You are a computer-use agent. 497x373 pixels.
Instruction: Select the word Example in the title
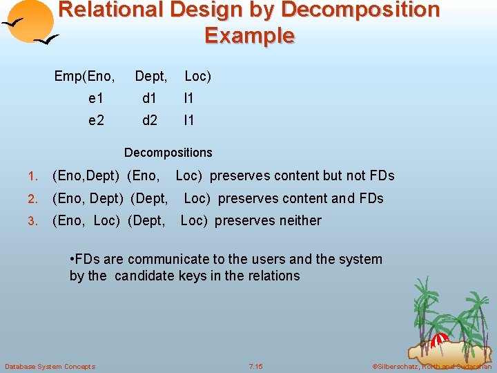[x=249, y=35]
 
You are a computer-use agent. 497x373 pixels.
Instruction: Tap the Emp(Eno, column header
[x=85, y=76]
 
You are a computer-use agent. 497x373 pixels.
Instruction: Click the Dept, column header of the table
[x=151, y=76]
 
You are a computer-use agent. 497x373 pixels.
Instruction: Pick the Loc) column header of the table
[x=197, y=76]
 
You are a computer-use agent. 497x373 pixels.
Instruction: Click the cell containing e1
[x=96, y=99]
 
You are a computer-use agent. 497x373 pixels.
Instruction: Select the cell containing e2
[x=96, y=120]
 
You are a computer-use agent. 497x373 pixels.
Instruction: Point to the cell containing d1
[x=150, y=99]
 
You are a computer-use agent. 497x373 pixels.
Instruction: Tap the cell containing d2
[x=150, y=120]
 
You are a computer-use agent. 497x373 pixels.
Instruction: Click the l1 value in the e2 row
[x=189, y=120]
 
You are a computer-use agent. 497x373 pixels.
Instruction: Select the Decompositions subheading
[x=168, y=152]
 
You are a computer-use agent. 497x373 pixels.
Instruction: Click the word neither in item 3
[x=300, y=220]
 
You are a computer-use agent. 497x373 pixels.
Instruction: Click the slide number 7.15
[x=256, y=366]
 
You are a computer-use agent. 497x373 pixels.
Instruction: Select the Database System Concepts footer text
[x=50, y=366]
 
